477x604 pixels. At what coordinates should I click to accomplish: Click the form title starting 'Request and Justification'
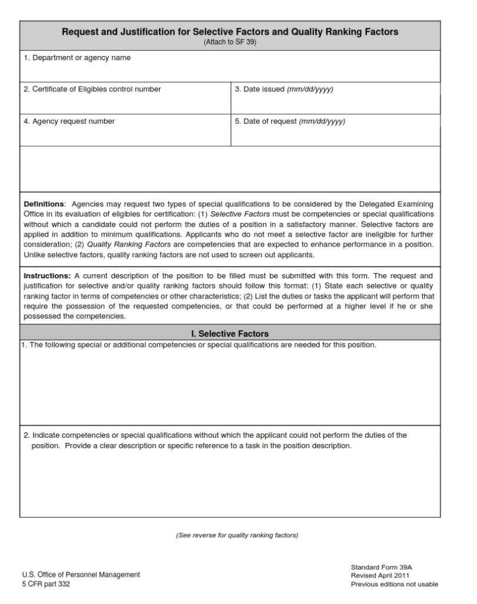coord(230,32)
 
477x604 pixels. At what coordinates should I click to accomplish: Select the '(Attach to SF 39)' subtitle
coord(230,42)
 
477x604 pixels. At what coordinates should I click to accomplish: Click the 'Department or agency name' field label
coord(77,58)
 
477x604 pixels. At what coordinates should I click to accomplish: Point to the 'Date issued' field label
coord(284,89)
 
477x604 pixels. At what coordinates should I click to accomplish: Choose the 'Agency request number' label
coord(69,122)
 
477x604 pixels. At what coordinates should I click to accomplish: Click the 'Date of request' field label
coord(290,122)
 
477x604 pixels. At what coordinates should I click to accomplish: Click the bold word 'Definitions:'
coord(45,204)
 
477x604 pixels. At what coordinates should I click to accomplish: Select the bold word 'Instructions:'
coord(47,276)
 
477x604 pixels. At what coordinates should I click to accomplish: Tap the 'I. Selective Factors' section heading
coord(230,334)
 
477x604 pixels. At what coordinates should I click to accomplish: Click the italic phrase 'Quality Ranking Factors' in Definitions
coord(129,245)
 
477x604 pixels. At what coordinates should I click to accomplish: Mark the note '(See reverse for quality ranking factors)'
coord(237,536)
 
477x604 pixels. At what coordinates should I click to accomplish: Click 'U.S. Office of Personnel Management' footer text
coord(81,575)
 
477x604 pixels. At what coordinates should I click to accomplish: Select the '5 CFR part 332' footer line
coord(46,585)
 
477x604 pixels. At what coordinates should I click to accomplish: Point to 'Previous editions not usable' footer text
coord(395,585)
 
